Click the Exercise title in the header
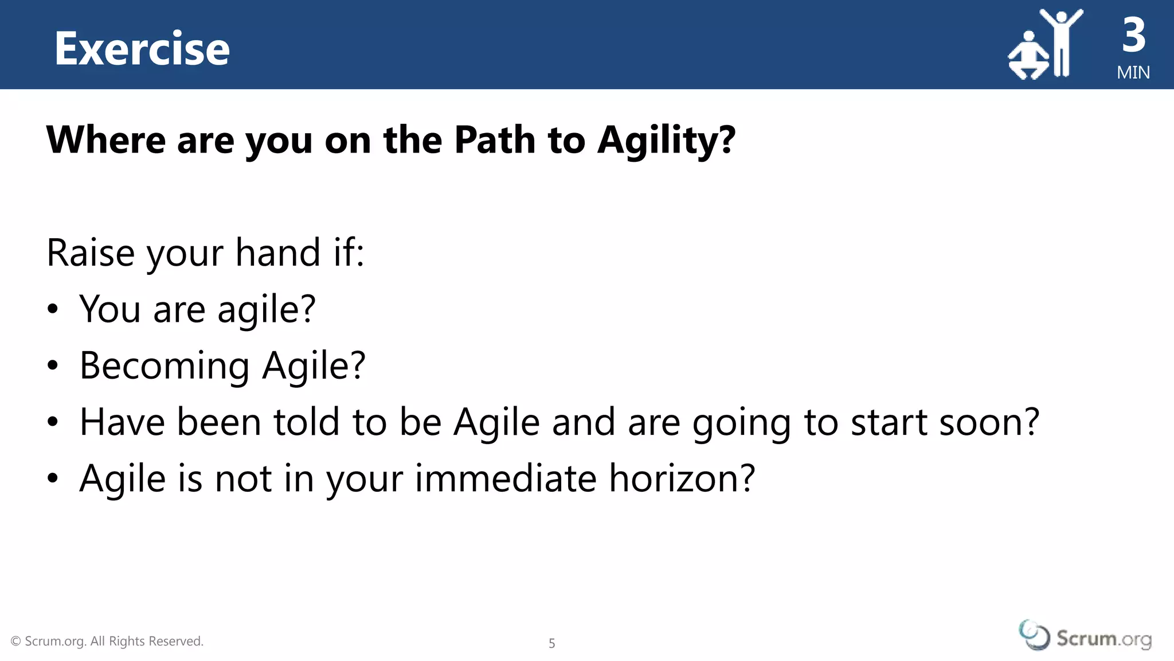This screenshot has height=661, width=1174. [142, 49]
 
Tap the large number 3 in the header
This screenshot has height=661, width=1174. [1134, 36]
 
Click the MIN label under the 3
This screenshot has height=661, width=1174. [1133, 73]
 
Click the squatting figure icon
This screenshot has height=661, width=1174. [1028, 57]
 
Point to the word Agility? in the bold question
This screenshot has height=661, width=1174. [666, 141]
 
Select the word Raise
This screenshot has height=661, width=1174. [90, 252]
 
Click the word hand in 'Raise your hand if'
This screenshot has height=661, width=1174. [278, 252]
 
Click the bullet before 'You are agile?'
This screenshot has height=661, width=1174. [53, 309]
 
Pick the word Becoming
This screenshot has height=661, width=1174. [165, 366]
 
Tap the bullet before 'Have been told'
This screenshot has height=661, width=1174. [53, 422]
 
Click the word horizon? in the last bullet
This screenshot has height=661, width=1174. [682, 479]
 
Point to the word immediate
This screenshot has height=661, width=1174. [506, 479]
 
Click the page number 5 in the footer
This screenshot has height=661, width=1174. [551, 643]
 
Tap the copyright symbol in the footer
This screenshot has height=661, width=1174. [16, 641]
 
